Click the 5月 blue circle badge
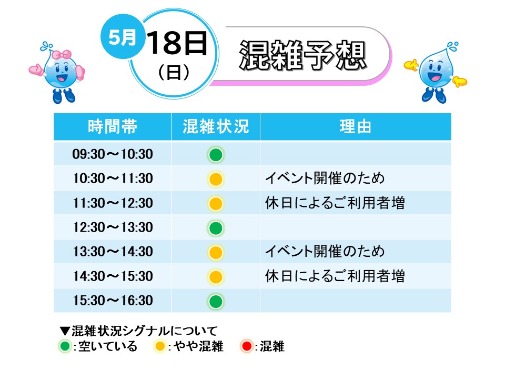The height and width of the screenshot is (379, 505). click(123, 36)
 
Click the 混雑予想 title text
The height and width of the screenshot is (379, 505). click(303, 55)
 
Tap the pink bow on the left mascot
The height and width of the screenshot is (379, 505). click(62, 54)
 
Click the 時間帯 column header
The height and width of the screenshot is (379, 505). click(113, 126)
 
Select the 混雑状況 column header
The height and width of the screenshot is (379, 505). click(216, 126)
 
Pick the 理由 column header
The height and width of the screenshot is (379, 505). click(356, 126)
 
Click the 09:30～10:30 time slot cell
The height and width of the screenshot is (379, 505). click(113, 154)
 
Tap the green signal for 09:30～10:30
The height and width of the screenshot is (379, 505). click(216, 155)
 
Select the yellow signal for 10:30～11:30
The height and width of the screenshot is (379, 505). click(216, 179)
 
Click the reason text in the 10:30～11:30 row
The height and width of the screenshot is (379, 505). click(325, 178)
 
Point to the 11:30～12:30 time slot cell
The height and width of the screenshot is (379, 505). click(113, 203)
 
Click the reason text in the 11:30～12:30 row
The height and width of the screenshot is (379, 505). click(335, 203)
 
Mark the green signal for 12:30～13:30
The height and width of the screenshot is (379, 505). click(216, 228)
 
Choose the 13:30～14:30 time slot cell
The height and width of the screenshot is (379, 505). click(113, 252)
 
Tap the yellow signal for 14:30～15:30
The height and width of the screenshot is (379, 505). click(216, 277)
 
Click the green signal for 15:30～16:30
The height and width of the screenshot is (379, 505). click(216, 302)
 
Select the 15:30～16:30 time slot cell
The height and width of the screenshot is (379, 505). click(113, 301)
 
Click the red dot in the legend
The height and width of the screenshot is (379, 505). click(247, 346)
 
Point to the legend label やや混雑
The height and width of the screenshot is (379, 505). click(199, 346)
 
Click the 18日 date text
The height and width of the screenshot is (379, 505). click(177, 43)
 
